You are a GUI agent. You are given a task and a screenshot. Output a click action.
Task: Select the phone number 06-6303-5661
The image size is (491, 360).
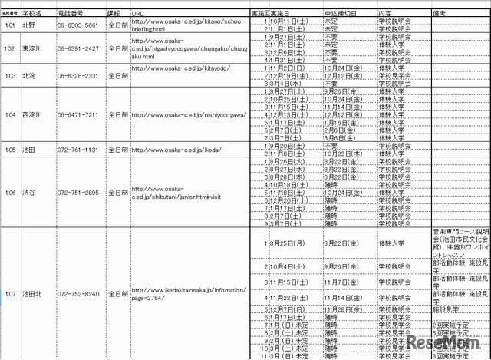point(77,25)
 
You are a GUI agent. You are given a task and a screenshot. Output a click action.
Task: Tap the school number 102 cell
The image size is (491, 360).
point(10,48)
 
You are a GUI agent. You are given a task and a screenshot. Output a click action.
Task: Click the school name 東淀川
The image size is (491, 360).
point(33,48)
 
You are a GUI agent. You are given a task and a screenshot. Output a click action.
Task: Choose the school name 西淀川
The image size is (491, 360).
point(33,114)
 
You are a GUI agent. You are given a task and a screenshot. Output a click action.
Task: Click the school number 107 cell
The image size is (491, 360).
point(10,294)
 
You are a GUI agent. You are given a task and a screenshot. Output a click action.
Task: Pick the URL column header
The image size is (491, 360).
point(137,14)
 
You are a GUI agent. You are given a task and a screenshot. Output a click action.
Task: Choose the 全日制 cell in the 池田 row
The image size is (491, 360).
point(117,150)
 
